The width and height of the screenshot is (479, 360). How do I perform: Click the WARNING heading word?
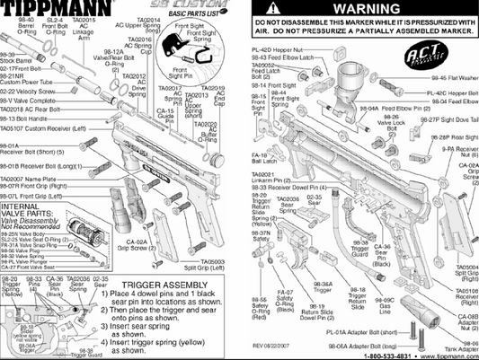coord(365,9)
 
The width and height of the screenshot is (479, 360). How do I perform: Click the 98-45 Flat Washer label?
coord(451,77)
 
